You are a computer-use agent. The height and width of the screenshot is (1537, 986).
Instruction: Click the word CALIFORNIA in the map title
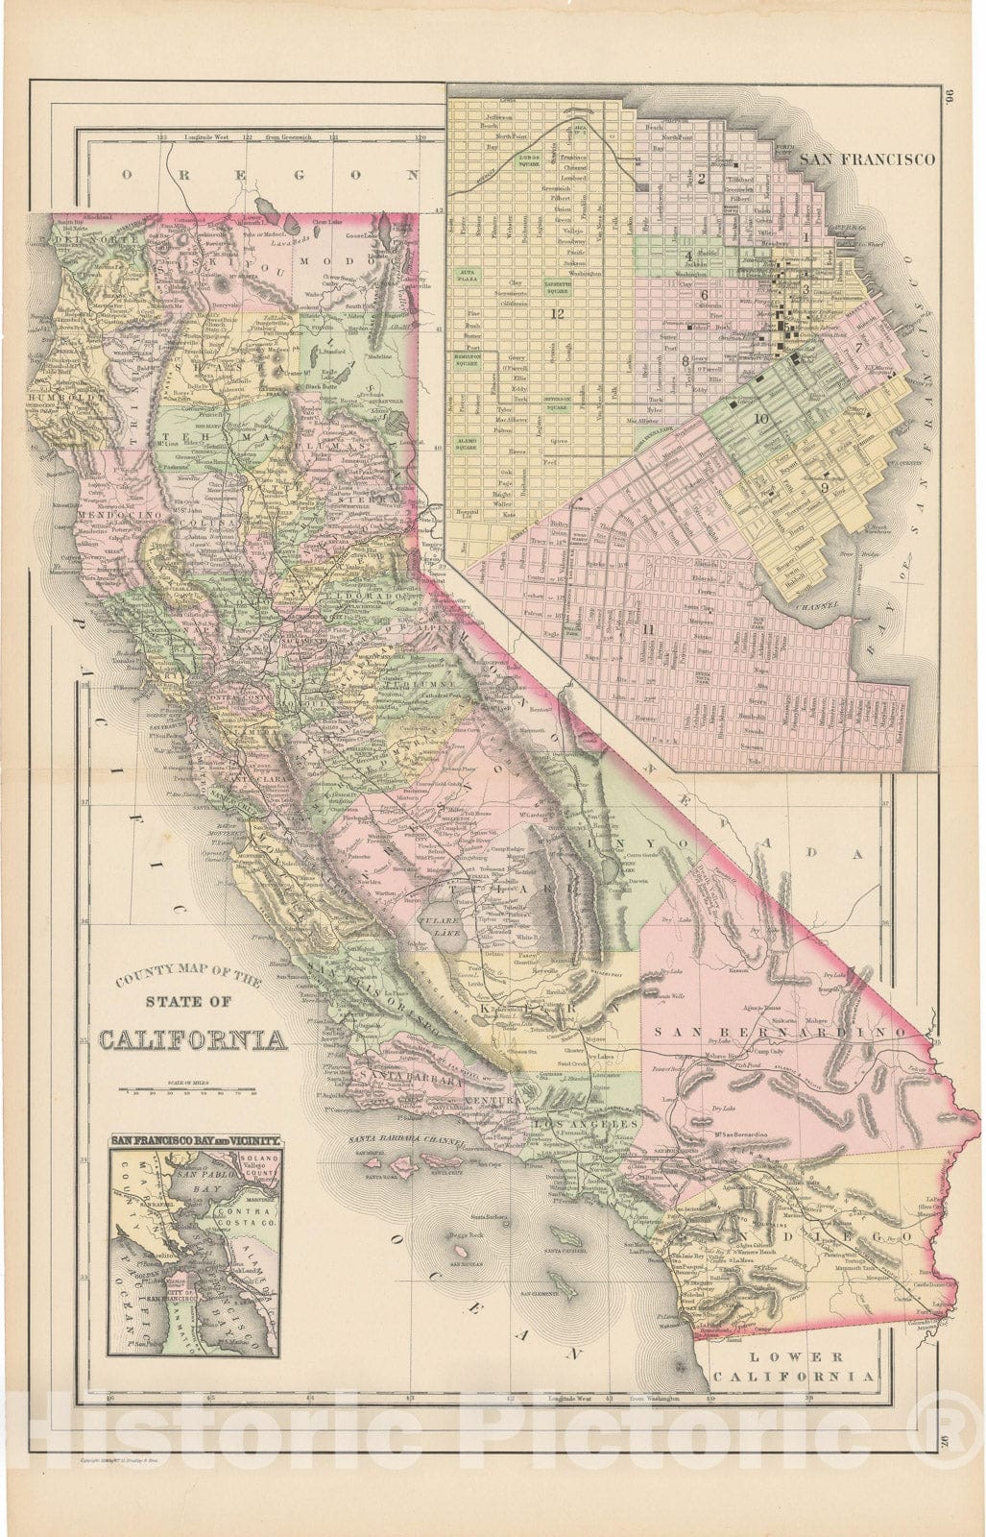click(x=192, y=1040)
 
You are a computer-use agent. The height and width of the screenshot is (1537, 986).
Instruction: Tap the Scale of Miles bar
click(x=188, y=1090)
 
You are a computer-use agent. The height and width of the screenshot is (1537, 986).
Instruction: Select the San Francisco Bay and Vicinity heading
click(x=195, y=1140)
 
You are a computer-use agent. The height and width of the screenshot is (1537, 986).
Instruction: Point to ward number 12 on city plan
click(x=555, y=313)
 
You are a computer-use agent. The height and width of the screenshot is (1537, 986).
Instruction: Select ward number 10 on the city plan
click(x=761, y=419)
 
